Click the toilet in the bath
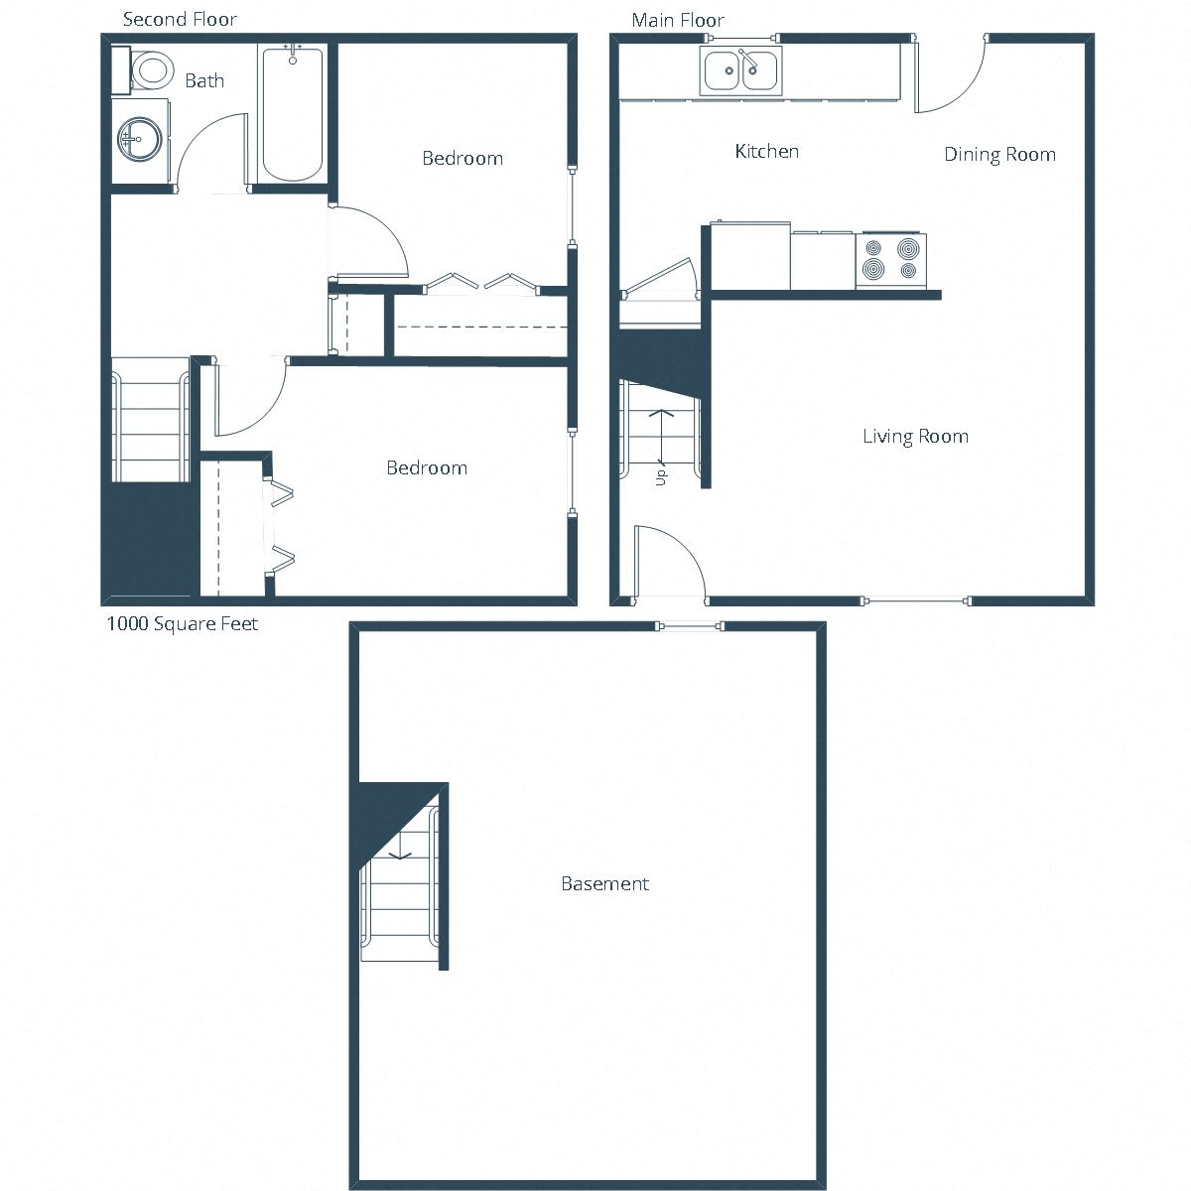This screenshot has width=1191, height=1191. click(x=149, y=69)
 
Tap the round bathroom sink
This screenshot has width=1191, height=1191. click(x=139, y=139)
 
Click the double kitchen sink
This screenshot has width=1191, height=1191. click(x=740, y=70)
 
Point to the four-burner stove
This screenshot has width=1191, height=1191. click(x=890, y=259)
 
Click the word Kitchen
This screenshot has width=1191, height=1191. click(x=766, y=151)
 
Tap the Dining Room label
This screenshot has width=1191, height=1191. click(x=998, y=154)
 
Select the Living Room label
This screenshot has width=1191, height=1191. click(x=915, y=436)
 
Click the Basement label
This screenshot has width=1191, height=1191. click(x=604, y=883)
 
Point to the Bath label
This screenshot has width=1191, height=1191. click(x=204, y=80)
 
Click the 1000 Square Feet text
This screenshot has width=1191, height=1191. click(x=183, y=623)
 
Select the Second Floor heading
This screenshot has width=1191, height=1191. click(x=180, y=19)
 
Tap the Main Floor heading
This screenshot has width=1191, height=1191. click(x=678, y=20)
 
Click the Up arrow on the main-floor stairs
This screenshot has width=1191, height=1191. click(x=662, y=437)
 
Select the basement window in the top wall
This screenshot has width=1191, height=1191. click(x=691, y=625)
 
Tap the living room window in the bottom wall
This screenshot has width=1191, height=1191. click(x=914, y=600)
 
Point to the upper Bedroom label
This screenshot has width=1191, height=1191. click(x=462, y=158)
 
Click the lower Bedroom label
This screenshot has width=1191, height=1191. click(x=426, y=467)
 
